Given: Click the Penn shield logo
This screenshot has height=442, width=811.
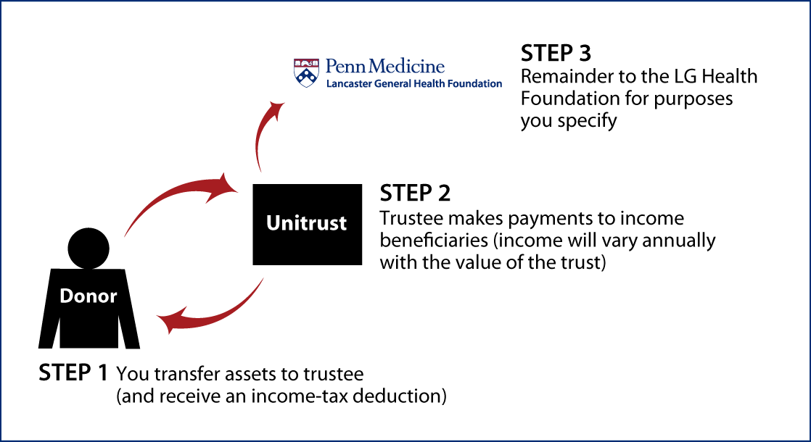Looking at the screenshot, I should (306, 72).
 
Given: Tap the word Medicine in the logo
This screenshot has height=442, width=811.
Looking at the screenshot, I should (406, 67).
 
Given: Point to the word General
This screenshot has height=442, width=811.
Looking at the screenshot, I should (394, 84).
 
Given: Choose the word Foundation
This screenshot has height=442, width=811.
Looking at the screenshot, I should (476, 84).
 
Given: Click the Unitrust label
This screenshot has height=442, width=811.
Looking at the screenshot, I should (306, 223).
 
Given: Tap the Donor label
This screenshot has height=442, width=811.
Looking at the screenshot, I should (88, 296).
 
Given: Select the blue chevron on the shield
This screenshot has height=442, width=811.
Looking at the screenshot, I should (306, 75).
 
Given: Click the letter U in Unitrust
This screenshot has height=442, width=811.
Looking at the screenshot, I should (273, 223).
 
